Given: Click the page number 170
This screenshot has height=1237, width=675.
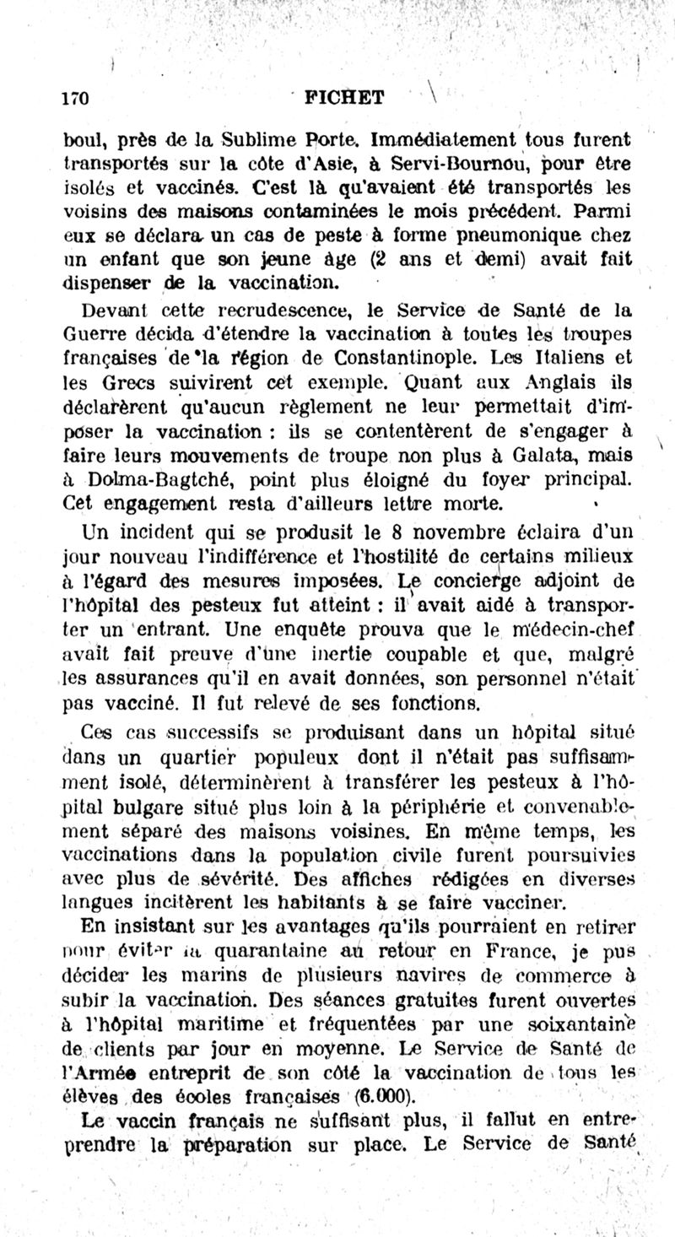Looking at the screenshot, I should point(77,97).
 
